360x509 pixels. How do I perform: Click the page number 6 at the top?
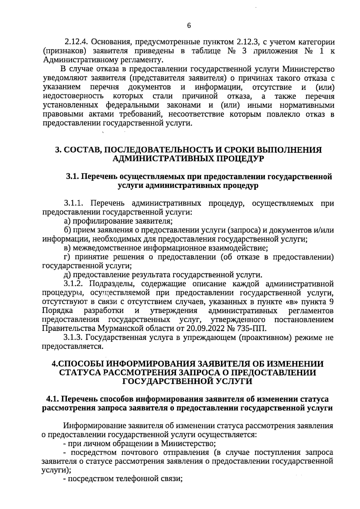click(x=189, y=26)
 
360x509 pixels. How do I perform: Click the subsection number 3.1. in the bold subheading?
click(x=72, y=177)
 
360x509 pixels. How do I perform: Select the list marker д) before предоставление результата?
click(x=67, y=275)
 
